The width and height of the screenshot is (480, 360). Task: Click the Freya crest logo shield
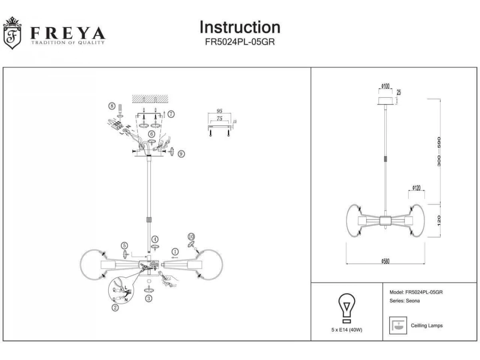pos(12,34)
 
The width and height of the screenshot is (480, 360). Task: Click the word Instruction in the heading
pos(240,27)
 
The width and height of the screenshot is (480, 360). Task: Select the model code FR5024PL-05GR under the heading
pos(240,42)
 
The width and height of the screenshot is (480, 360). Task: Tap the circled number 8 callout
pos(112,106)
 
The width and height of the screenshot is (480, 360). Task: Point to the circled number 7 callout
pos(171,114)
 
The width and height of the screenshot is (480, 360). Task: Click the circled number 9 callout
pos(181,154)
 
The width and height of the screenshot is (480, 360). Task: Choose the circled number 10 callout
pos(191,236)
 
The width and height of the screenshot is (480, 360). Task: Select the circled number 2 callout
pos(115,307)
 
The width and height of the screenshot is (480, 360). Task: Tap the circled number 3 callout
pos(149,298)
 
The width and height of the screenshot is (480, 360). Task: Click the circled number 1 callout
pos(175,251)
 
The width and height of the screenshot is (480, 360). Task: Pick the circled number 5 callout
pos(125,245)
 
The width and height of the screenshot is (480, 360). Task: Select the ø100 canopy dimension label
pos(386,86)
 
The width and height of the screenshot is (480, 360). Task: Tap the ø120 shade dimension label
pos(416,188)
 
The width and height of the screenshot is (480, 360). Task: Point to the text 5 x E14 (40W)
pos(347,330)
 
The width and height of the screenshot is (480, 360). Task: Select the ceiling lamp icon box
pos(398,325)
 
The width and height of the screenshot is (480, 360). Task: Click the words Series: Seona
pos(404,301)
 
